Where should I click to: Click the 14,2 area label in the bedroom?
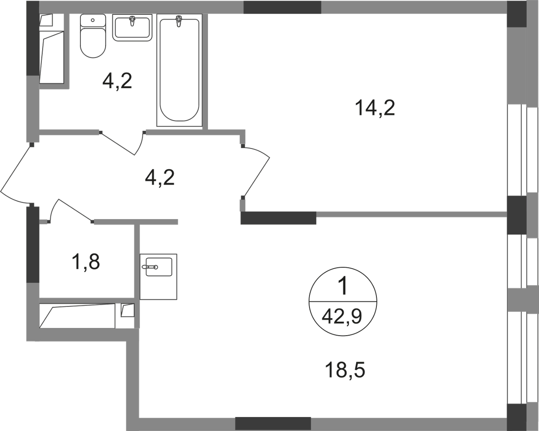pos(375,108)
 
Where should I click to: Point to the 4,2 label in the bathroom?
pos(117,82)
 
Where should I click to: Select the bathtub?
pos(179,70)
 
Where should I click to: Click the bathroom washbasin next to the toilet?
pos(133,29)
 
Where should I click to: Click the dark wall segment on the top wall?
pos(282,7)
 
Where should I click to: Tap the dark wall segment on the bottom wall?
pos(273,422)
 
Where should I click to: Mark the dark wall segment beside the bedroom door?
pos(278,218)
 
